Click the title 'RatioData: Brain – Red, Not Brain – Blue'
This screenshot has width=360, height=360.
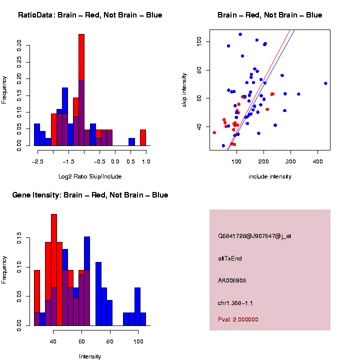[90, 15]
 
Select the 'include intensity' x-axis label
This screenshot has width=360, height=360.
[270, 176]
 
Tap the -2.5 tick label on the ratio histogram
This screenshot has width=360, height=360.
[36, 161]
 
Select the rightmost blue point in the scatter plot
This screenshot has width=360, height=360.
[325, 83]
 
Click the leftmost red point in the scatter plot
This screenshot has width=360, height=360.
[214, 132]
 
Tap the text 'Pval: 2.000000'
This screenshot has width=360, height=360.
[238, 319]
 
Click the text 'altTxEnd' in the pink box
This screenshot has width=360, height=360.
[230, 258]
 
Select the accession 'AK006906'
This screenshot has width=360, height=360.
[232, 280]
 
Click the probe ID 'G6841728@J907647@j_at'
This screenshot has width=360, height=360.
[254, 236]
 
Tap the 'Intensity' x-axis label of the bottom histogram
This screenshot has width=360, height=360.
[90, 356]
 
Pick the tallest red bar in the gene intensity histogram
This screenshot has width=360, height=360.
[54, 270]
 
